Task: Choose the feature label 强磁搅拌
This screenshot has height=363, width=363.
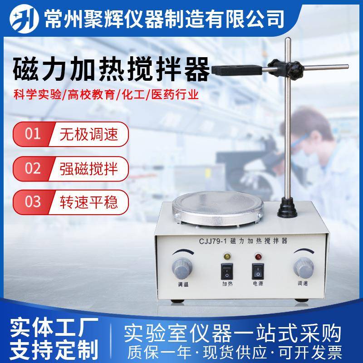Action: point(88,168)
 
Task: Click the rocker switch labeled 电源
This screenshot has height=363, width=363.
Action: point(257,271)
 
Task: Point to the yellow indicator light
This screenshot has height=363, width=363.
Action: point(226,257)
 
